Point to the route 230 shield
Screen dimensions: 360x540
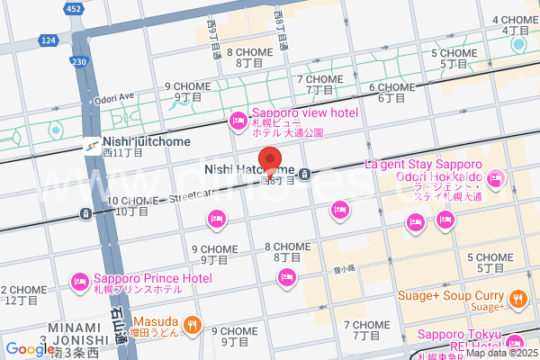click(x=79, y=61)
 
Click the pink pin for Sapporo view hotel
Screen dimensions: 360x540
click(x=238, y=119)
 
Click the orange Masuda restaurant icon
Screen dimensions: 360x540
click(x=191, y=325)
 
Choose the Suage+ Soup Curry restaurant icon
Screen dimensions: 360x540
click(x=517, y=298)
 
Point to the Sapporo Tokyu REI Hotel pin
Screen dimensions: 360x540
click(x=514, y=342)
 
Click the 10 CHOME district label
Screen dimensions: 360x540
click(x=128, y=206)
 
